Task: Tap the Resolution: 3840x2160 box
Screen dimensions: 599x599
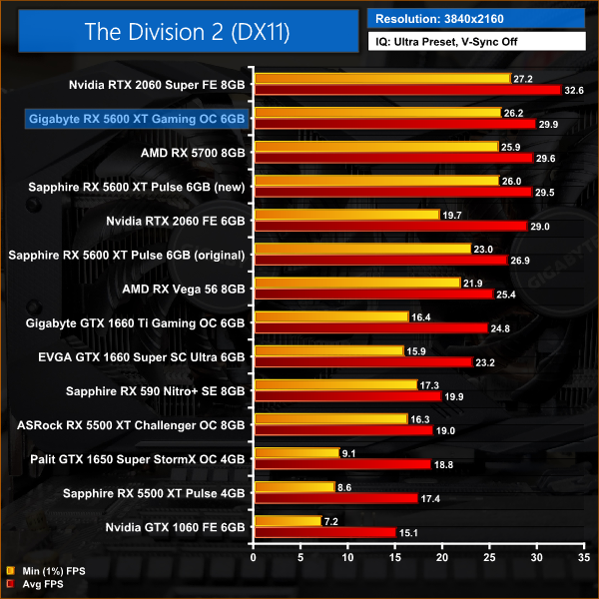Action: tap(477, 18)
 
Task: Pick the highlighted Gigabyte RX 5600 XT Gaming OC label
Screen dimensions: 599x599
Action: tap(137, 119)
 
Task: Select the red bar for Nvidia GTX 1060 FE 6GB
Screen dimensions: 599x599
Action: tap(325, 532)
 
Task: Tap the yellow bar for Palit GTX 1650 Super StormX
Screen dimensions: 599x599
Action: tap(298, 452)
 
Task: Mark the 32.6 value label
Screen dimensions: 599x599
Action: tap(574, 90)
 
